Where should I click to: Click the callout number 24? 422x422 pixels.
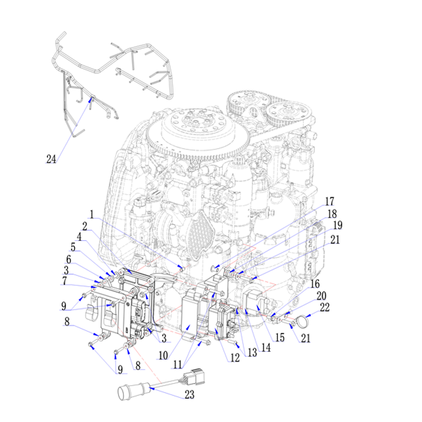click(51, 159)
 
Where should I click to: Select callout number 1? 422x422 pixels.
click(92, 215)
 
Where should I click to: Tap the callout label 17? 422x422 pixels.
click(329, 202)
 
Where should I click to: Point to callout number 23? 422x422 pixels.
click(189, 395)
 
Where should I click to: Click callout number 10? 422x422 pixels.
click(163, 356)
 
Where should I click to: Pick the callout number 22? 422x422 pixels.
click(325, 308)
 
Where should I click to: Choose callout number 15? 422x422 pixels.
click(280, 338)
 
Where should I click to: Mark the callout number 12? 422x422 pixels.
click(235, 358)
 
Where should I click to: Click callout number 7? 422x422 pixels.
click(64, 281)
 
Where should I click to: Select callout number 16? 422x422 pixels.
click(315, 284)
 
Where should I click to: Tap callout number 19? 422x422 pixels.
click(338, 225)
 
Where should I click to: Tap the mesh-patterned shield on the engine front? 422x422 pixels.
click(200, 235)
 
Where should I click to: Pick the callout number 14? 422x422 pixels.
click(266, 348)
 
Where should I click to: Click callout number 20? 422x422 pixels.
click(321, 296)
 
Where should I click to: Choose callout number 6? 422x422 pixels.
click(69, 260)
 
